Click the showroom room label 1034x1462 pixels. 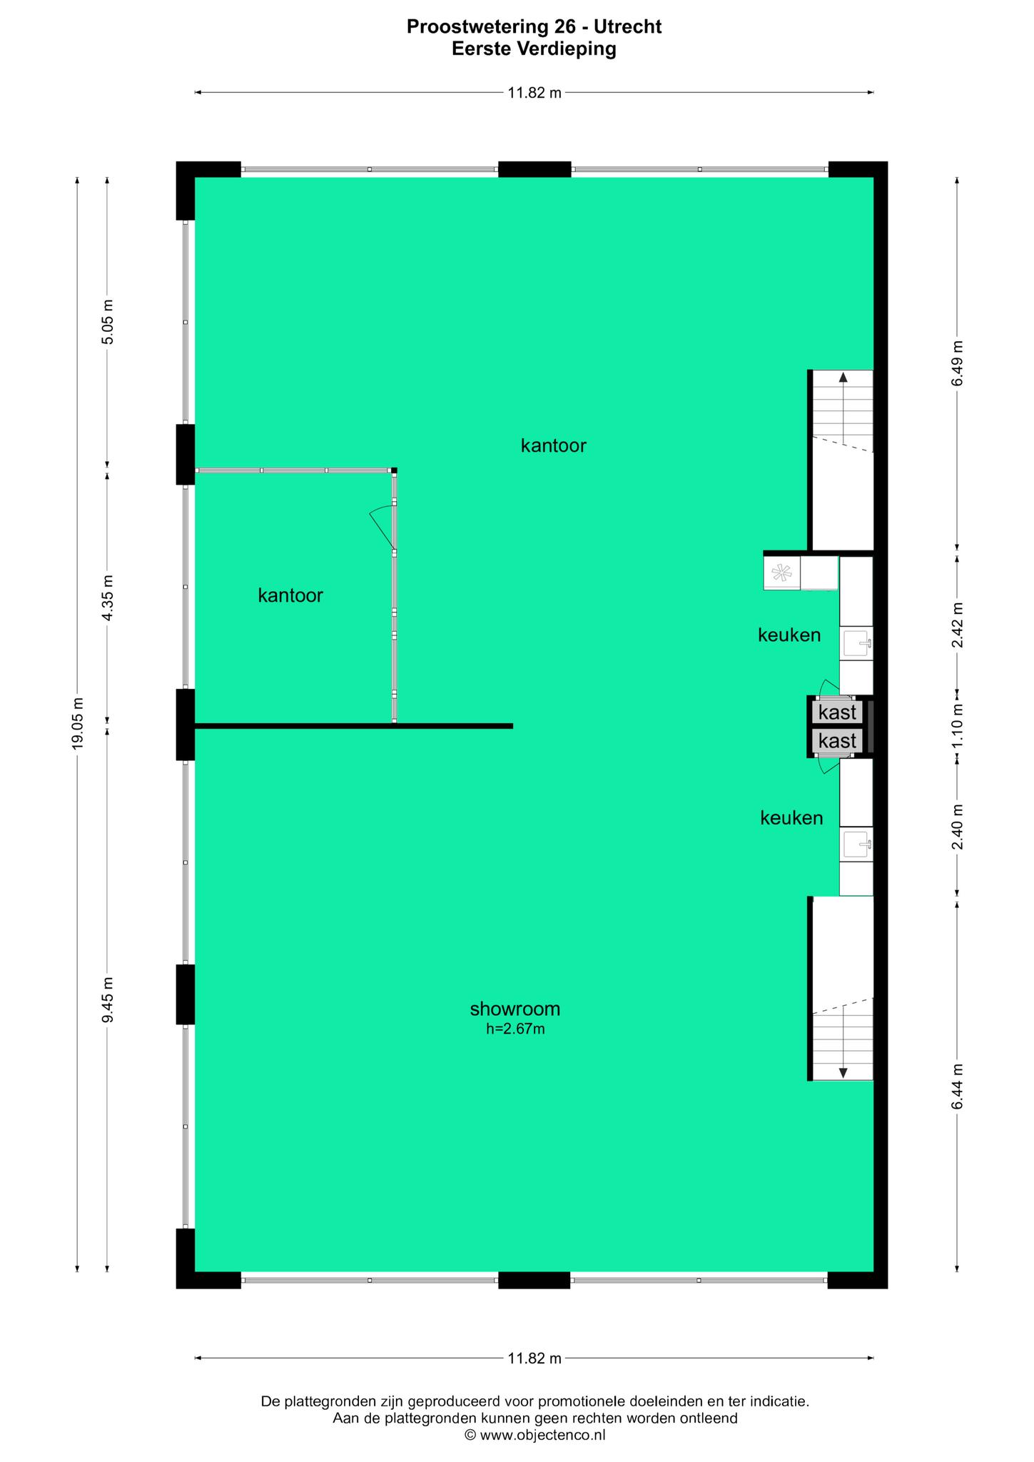click(x=515, y=1009)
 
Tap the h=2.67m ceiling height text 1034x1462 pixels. click(x=515, y=1029)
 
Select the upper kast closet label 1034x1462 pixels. click(x=838, y=712)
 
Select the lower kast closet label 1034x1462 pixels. click(x=838, y=741)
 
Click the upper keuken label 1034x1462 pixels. click(x=789, y=635)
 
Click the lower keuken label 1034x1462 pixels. click(x=791, y=818)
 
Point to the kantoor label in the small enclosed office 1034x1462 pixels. click(x=290, y=595)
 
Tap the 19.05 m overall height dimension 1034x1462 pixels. click(x=78, y=723)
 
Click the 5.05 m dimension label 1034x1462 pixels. click(x=107, y=322)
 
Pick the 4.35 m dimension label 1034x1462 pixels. click(x=107, y=598)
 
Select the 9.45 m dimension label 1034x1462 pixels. click(x=107, y=999)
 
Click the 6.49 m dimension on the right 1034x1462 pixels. click(x=957, y=363)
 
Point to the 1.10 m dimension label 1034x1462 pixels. click(x=957, y=726)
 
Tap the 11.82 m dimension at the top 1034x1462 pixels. click(x=534, y=92)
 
